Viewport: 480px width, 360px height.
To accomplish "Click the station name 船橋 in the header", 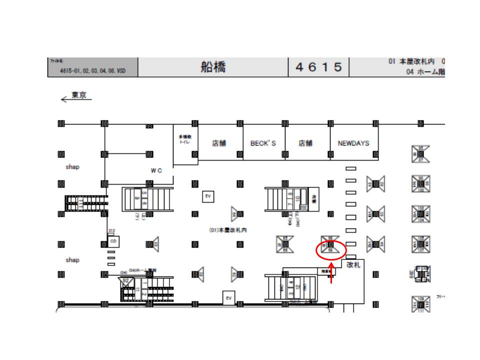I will click(213, 67).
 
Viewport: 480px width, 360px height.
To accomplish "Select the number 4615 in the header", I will click(319, 67).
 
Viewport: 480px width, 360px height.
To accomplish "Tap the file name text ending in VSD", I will click(92, 71).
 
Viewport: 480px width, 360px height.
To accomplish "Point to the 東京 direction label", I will click(79, 95).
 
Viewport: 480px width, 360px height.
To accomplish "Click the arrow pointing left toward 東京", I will click(64, 99).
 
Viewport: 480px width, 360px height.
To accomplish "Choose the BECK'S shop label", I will click(263, 143).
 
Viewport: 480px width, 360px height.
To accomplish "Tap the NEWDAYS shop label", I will click(353, 143).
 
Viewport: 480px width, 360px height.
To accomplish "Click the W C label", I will click(156, 170).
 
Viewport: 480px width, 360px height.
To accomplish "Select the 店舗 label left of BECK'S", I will click(219, 143).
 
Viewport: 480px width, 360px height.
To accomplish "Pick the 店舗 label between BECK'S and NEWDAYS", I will click(305, 143).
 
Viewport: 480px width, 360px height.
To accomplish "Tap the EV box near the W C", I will click(208, 196).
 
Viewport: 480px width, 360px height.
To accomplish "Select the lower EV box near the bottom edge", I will click(228, 298).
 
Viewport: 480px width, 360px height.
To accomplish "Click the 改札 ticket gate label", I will click(353, 265).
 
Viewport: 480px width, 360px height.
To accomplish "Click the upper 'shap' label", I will click(72, 167).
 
